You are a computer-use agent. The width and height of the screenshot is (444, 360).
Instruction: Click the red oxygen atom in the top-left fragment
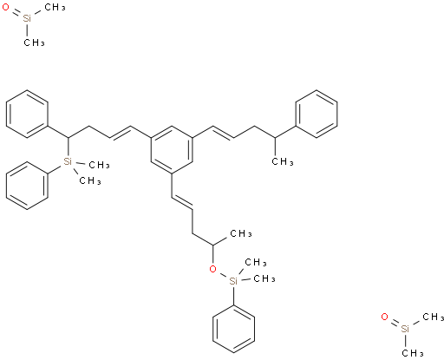pyautogui.click(x=5, y=7)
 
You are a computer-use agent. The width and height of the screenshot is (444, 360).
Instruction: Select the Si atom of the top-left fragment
pyautogui.click(x=27, y=19)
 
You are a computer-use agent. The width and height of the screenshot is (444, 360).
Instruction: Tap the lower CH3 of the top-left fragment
pyautogui.click(x=34, y=43)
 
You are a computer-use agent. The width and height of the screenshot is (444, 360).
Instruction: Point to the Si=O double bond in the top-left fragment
pyautogui.click(x=16, y=13)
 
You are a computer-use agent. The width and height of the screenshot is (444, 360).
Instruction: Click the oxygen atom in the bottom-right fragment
pyautogui.click(x=384, y=317)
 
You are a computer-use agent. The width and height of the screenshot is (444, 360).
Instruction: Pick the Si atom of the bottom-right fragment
pyautogui.click(x=405, y=329)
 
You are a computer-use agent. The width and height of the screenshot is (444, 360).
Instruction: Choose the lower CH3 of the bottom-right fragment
pyautogui.click(x=413, y=353)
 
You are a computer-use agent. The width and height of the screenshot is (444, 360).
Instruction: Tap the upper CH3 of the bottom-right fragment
pyautogui.click(x=434, y=317)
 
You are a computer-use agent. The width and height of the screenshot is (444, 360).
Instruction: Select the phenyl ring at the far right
pyautogui.click(x=317, y=114)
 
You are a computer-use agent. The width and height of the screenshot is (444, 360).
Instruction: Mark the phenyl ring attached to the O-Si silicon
pyautogui.click(x=233, y=329)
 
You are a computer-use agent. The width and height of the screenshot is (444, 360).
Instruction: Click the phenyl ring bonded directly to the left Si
pyautogui.click(x=27, y=186)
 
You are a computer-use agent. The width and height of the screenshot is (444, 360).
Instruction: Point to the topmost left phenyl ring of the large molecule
pyautogui.click(x=27, y=114)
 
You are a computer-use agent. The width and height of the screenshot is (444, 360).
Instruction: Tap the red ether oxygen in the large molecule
pyautogui.click(x=212, y=269)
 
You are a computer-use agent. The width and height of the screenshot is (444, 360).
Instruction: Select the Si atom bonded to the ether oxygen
pyautogui.click(x=233, y=281)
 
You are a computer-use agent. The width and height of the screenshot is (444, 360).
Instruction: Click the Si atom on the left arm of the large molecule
pyautogui.click(x=68, y=161)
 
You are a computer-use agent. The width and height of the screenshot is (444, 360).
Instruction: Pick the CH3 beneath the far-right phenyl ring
pyautogui.click(x=283, y=161)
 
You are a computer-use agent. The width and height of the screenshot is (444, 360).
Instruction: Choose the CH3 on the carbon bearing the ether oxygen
pyautogui.click(x=241, y=233)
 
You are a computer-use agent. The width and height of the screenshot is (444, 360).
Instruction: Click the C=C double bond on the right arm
pyautogui.click(x=223, y=133)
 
